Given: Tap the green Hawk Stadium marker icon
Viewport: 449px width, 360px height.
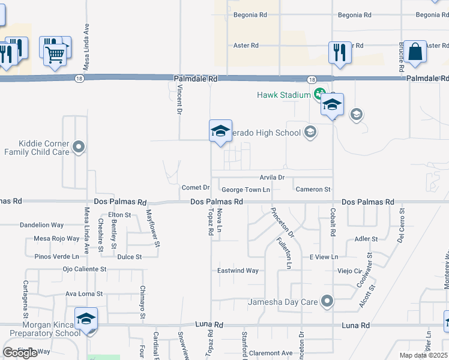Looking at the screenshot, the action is pyautogui.click(x=318, y=94).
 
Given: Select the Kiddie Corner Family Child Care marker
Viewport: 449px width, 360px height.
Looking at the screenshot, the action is pyautogui.click(x=79, y=146).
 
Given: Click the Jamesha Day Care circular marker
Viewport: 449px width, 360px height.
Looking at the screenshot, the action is pyautogui.click(x=327, y=301).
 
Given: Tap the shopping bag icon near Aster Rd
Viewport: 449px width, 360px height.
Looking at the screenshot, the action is pyautogui.click(x=415, y=52).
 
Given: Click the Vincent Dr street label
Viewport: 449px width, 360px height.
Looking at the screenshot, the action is pyautogui.click(x=179, y=98).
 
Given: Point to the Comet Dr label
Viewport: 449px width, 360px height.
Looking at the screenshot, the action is pyautogui.click(x=195, y=188).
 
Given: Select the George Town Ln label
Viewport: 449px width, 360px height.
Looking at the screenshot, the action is pyautogui.click(x=246, y=190).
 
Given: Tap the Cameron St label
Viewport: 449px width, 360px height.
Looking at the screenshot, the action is pyautogui.click(x=313, y=190).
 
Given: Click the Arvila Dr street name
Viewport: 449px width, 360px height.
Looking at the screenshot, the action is pyautogui.click(x=272, y=178).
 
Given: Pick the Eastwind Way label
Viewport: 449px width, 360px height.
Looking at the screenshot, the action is pyautogui.click(x=238, y=271).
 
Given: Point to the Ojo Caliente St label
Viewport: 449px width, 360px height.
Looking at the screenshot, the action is pyautogui.click(x=84, y=269).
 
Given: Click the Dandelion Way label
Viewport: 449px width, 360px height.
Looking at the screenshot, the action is pyautogui.click(x=41, y=225).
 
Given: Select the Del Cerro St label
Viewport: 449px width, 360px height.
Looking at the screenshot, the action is pyautogui.click(x=400, y=226).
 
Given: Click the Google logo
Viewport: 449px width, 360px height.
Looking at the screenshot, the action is pyautogui.click(x=20, y=353).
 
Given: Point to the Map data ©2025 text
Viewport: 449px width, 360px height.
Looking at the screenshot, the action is pyautogui.click(x=423, y=355).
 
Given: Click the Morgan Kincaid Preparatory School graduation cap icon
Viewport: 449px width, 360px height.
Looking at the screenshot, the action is pyautogui.click(x=86, y=318).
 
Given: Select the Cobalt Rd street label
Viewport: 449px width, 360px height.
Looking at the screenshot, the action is pyautogui.click(x=332, y=221).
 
